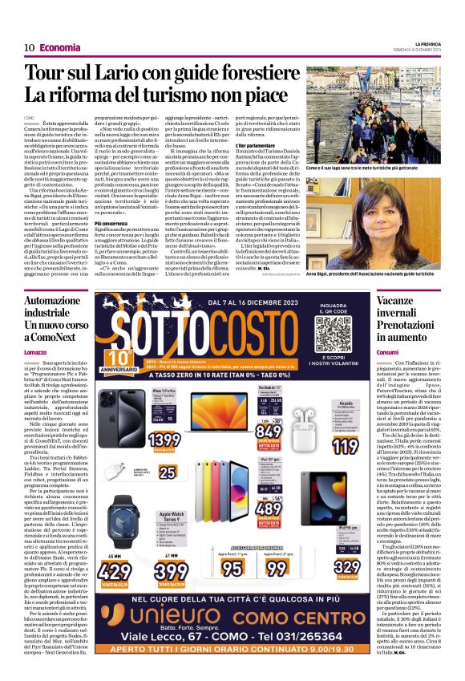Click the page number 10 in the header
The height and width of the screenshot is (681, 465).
[x=28, y=47]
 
